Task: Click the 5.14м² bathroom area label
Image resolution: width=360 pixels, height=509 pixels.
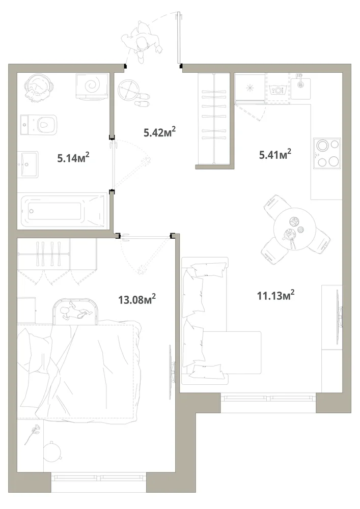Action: coord(73,158)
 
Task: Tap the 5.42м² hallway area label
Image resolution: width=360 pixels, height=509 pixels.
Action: coord(160,132)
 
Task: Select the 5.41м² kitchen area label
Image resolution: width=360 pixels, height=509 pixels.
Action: coord(275,154)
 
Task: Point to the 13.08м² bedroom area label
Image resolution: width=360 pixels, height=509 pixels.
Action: coord(137,299)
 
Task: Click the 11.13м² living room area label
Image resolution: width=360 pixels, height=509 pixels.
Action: coord(275,295)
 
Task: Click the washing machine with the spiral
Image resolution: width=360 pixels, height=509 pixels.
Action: coord(92,86)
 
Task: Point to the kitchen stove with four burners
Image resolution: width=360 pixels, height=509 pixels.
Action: coord(327,154)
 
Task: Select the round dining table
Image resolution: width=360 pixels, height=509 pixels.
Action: coord(294,229)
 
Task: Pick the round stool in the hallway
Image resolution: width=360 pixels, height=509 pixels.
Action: coord(128,90)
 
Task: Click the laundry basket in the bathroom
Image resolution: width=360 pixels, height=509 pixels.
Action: coord(38,87)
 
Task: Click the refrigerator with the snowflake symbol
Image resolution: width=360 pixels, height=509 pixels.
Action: coord(250,88)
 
